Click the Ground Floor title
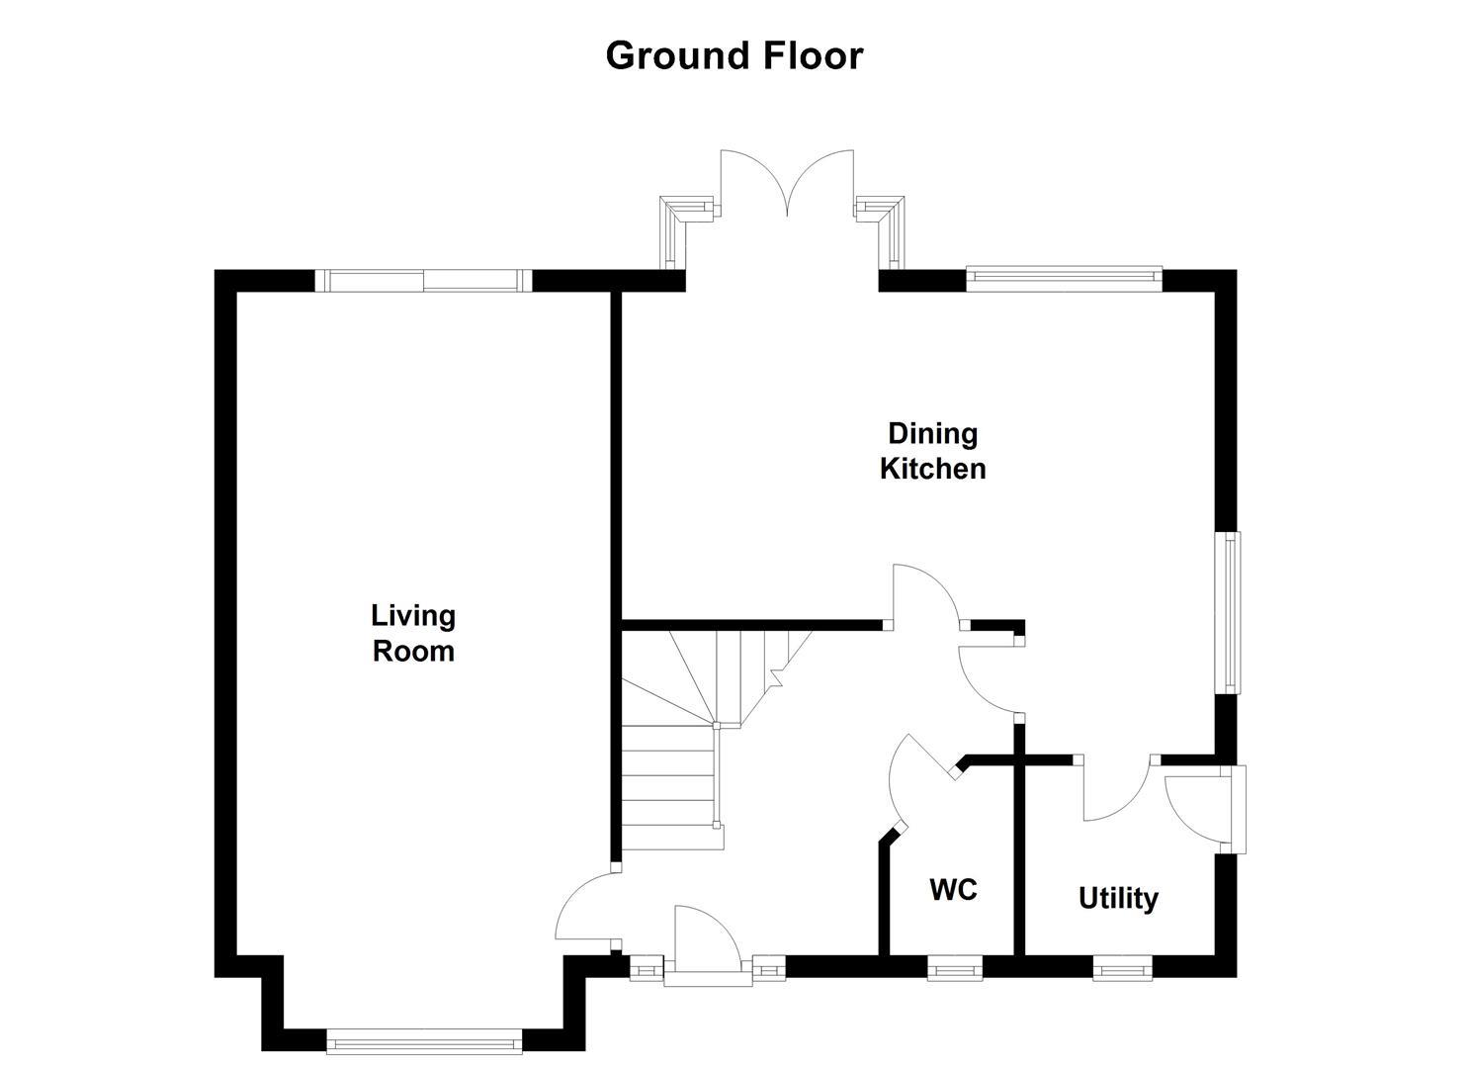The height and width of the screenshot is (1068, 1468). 734,55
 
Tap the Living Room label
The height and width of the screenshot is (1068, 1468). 413,633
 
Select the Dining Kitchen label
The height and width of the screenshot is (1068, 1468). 932,451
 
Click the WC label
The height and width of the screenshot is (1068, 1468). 953,890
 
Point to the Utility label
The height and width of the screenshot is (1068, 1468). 1118,899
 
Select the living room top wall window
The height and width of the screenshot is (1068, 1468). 423,281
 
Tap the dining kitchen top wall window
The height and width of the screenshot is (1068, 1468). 1064,279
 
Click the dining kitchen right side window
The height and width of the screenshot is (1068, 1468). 1230,613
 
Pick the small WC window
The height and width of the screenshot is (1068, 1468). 954,968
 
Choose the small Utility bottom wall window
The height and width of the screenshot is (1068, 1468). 1122,968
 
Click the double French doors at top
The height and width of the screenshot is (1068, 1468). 787,184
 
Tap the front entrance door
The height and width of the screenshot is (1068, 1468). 704,946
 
